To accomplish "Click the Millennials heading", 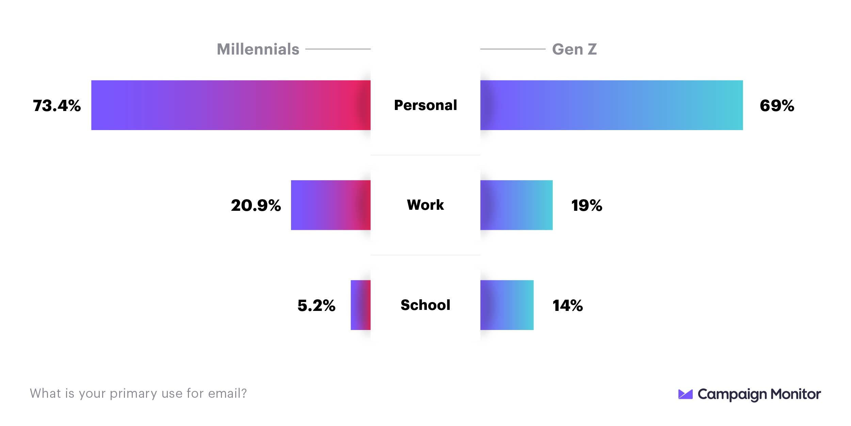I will (258, 49).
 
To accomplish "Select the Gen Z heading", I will (574, 49).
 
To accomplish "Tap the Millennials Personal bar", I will (231, 105).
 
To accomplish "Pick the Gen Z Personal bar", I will (611, 105).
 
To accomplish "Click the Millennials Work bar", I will (331, 205).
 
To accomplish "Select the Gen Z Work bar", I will (516, 205).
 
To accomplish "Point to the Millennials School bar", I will (360, 305).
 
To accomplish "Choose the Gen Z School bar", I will (507, 305).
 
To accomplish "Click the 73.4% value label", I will (57, 106).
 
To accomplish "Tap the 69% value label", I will (777, 106).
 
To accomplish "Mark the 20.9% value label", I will (256, 205).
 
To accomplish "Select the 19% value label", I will (587, 205).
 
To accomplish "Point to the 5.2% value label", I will (316, 305).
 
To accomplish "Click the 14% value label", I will (567, 305).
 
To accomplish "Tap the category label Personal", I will (425, 105).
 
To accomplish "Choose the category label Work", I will (425, 205).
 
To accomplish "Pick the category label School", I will (425, 305).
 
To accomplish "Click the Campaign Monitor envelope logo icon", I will (685, 394).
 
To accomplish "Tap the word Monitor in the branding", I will (796, 394).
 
